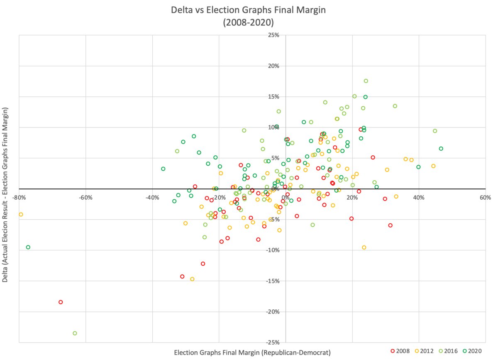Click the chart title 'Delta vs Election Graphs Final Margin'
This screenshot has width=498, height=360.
coord(248,10)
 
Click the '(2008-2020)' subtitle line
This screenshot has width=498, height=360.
coord(248,22)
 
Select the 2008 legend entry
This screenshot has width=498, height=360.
coord(400,351)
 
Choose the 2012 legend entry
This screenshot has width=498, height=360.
coord(424,351)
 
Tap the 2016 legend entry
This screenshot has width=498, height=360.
coord(448,351)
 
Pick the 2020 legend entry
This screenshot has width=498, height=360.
coord(472,351)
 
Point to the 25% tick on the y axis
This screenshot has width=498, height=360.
coord(273,35)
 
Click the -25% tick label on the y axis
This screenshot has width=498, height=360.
coord(273,343)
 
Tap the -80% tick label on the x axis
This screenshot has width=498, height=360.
coord(19,198)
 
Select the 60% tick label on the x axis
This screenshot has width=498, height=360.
coord(486,198)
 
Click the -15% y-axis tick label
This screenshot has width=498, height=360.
coord(273,281)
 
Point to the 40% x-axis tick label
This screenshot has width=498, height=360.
coord(419,198)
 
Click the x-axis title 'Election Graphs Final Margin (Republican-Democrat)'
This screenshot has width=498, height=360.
coord(252,353)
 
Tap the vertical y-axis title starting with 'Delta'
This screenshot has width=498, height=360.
coord(5,195)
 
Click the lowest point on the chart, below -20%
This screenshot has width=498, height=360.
coord(75,333)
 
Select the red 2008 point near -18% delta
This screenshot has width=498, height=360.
coord(61,302)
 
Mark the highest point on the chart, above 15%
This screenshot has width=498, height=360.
coord(366,81)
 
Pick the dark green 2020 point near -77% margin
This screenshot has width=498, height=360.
coord(28,247)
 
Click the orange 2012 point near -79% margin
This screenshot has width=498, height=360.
coord(21,215)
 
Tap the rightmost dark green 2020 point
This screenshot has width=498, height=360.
coord(441,149)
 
